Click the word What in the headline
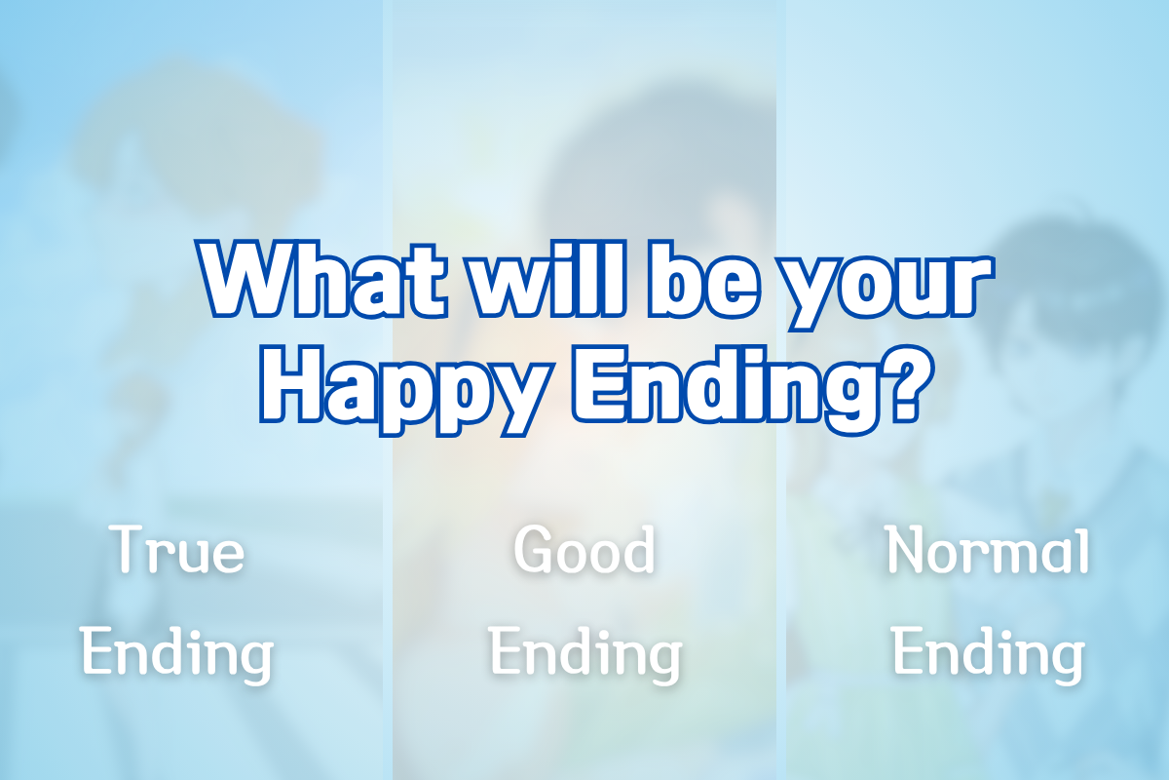point(321,280)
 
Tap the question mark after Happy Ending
point(908,384)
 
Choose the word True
point(177,550)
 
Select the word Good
point(584,550)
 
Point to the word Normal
point(989,550)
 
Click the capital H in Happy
point(290,384)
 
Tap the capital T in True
point(129,549)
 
